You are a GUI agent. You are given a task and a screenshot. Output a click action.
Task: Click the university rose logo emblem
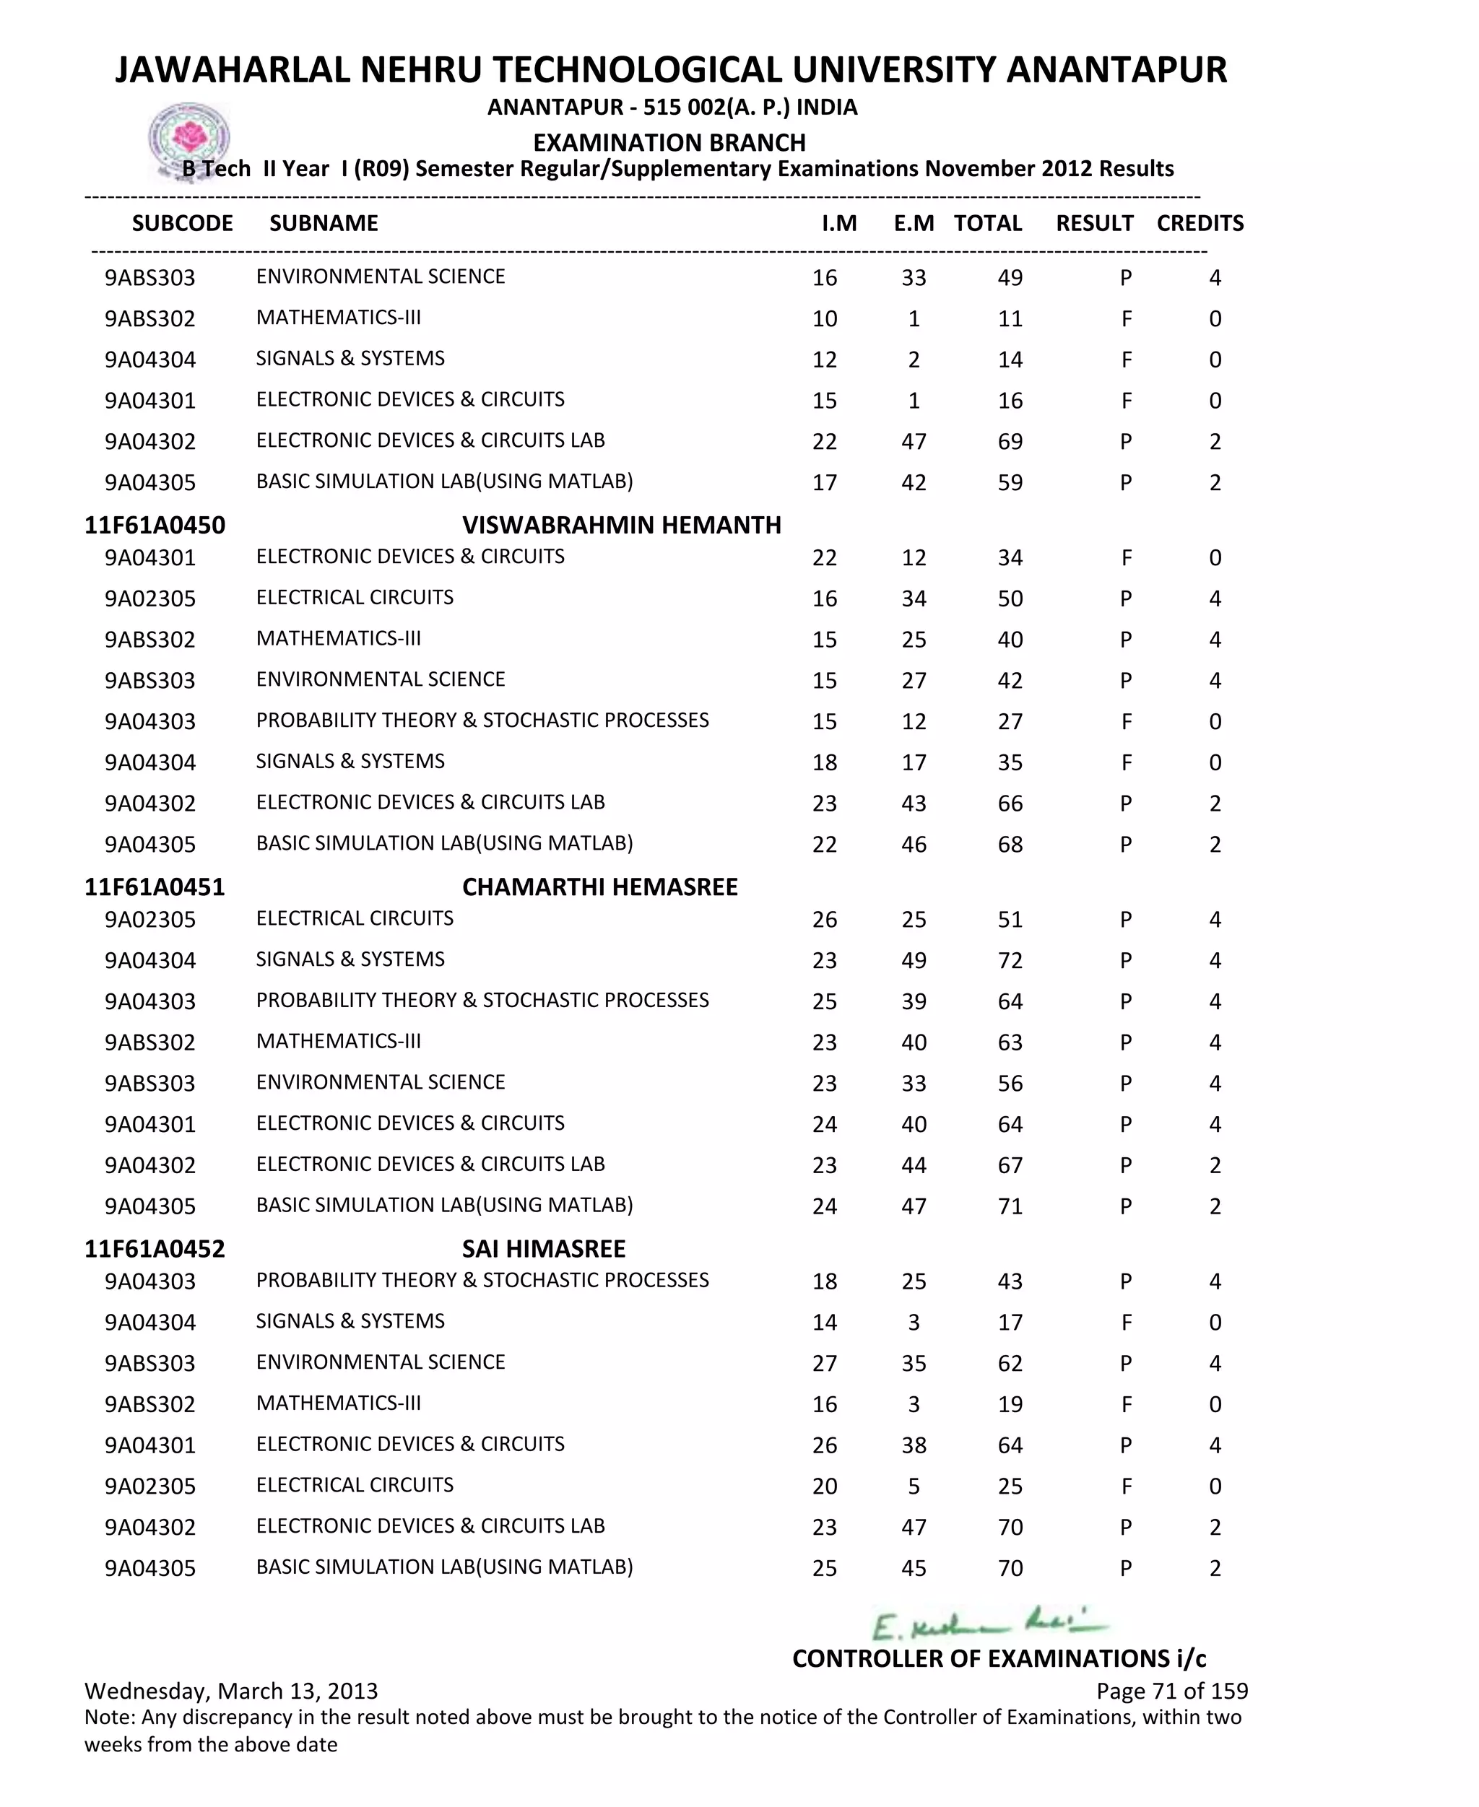(x=189, y=139)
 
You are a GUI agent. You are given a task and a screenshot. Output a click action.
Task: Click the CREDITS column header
(x=1200, y=223)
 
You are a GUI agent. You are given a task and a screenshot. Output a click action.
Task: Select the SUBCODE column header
(x=182, y=223)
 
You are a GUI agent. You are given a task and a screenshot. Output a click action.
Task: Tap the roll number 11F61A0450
(x=155, y=525)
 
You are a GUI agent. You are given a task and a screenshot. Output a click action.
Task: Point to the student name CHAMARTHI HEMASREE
(x=600, y=887)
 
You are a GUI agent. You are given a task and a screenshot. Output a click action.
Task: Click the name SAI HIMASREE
(x=544, y=1248)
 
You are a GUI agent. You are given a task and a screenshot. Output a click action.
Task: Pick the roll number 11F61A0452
(x=155, y=1248)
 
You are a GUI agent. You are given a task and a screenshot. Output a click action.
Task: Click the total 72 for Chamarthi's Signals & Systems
(x=1010, y=961)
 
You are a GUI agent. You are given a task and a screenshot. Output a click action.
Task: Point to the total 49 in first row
(x=1010, y=278)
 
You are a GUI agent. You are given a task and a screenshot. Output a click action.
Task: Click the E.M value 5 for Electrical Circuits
(x=914, y=1486)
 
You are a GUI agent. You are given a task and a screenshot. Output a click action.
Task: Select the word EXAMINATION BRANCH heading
(x=669, y=142)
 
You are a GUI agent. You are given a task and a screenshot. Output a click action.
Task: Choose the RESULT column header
(x=1094, y=223)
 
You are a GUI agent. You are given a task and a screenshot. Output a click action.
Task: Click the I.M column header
(x=839, y=223)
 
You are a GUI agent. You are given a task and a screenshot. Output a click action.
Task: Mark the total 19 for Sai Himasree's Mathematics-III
(x=1010, y=1404)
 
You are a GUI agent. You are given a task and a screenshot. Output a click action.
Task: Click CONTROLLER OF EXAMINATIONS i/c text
(x=999, y=1658)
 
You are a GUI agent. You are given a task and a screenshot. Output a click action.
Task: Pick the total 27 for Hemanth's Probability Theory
(x=1010, y=721)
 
